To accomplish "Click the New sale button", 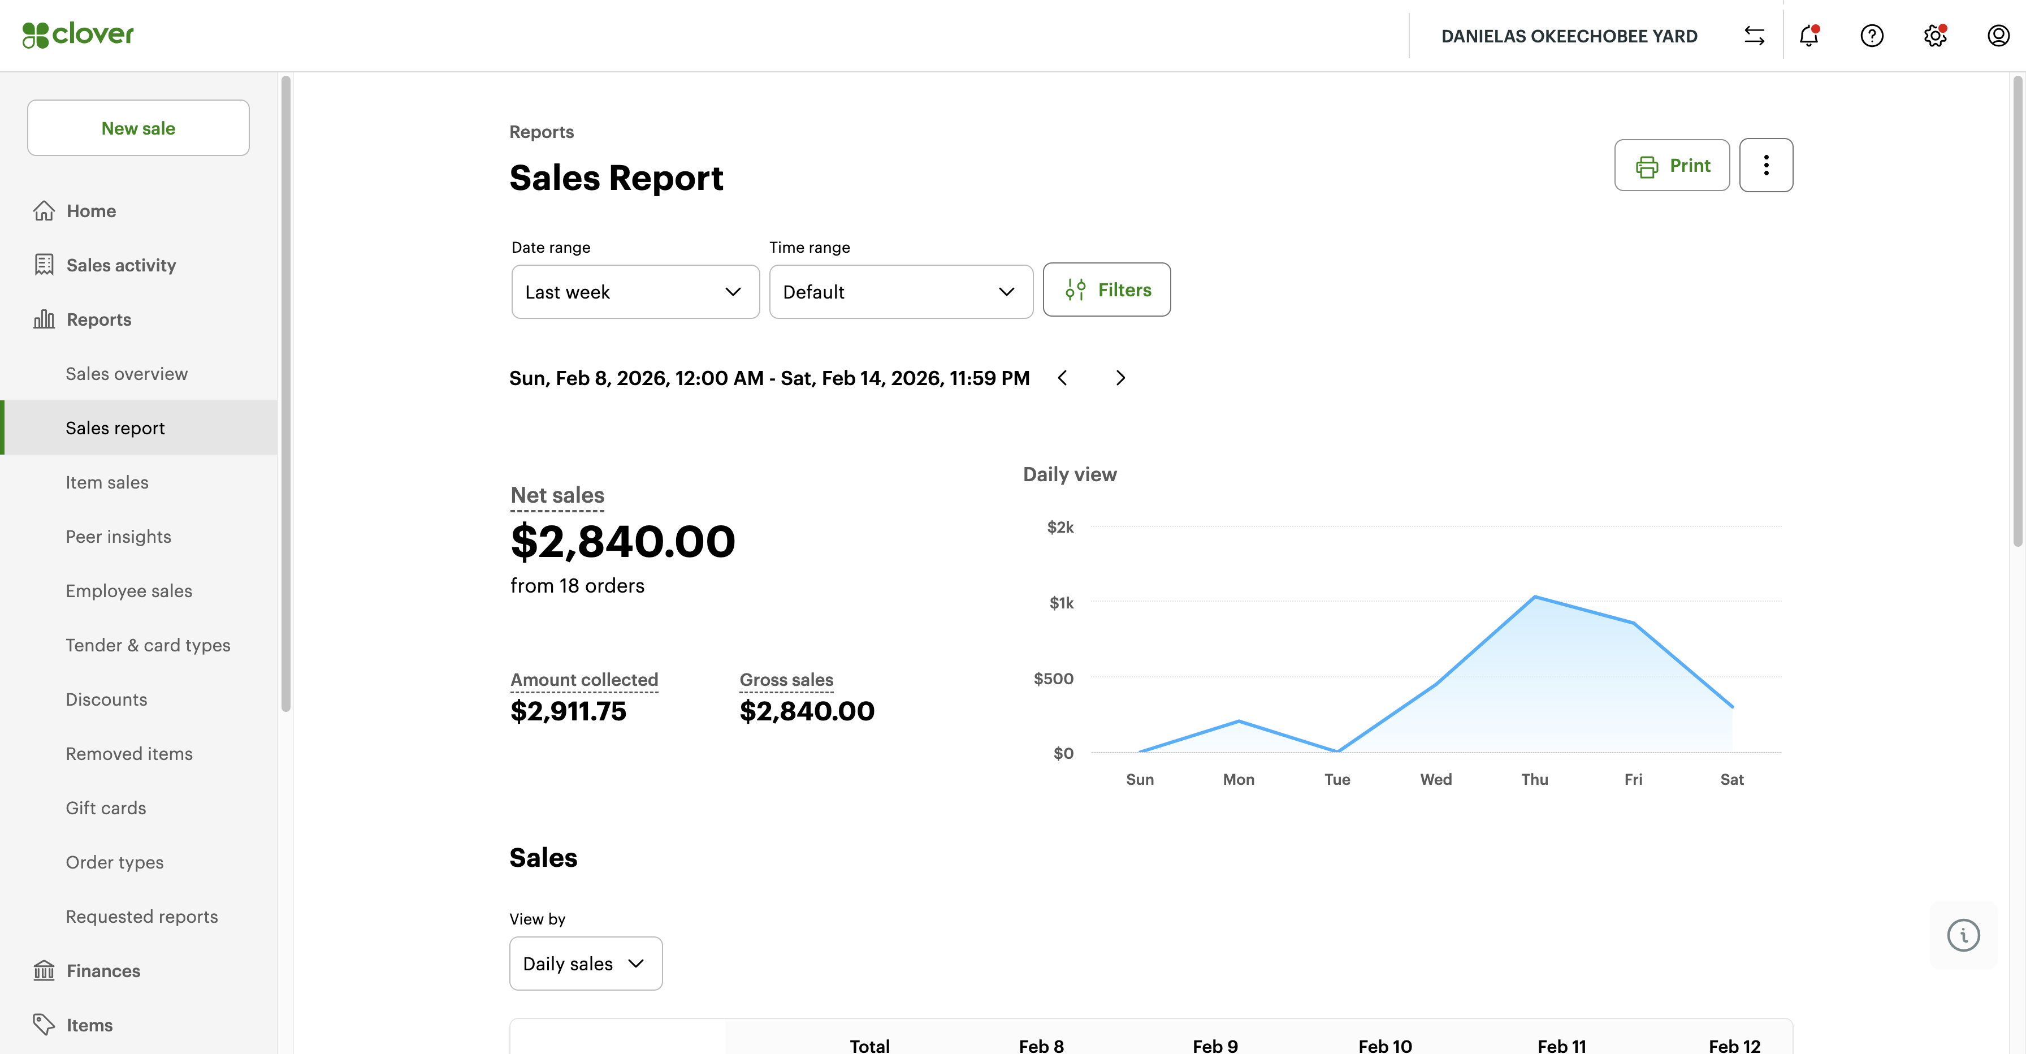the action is (x=138, y=128).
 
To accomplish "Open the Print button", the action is (x=1672, y=165).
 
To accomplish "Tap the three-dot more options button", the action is (x=1765, y=165).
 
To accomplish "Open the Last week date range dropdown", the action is (x=635, y=292).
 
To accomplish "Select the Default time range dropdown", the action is (x=901, y=292).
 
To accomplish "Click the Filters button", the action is (x=1107, y=290).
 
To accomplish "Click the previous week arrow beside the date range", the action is (x=1063, y=378).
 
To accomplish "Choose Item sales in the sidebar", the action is (x=107, y=482).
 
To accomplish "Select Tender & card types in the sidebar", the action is (x=148, y=645).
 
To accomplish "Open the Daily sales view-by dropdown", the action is (x=585, y=964).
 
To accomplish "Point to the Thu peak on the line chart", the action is (x=1534, y=597).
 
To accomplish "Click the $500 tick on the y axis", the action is (x=1053, y=678).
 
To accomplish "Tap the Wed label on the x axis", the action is (x=1435, y=780).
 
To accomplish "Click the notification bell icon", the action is (x=1809, y=36).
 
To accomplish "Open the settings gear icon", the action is (x=1935, y=36).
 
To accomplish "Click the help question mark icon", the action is (x=1872, y=36).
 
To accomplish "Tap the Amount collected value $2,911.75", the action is (x=568, y=711).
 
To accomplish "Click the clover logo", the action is (x=78, y=34).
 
